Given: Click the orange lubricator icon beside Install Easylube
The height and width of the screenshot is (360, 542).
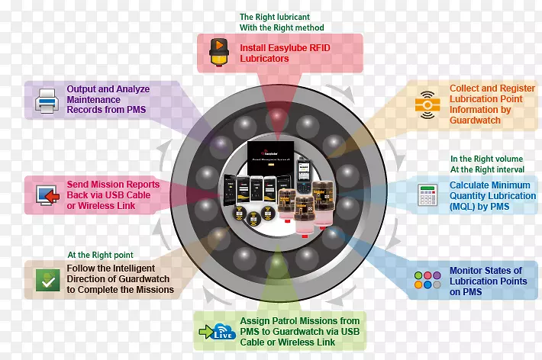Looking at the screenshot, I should point(219,52).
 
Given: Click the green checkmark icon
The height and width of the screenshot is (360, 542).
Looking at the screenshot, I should point(47,281).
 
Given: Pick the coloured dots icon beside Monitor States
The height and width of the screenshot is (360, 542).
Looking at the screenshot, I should point(426,280).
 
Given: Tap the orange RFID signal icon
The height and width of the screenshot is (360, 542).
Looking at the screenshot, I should point(424,104).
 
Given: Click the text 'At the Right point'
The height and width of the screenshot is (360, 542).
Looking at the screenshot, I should point(100,256).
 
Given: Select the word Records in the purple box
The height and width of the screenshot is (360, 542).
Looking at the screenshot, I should point(86,110).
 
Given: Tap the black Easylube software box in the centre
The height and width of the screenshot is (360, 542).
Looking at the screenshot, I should point(272,156).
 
